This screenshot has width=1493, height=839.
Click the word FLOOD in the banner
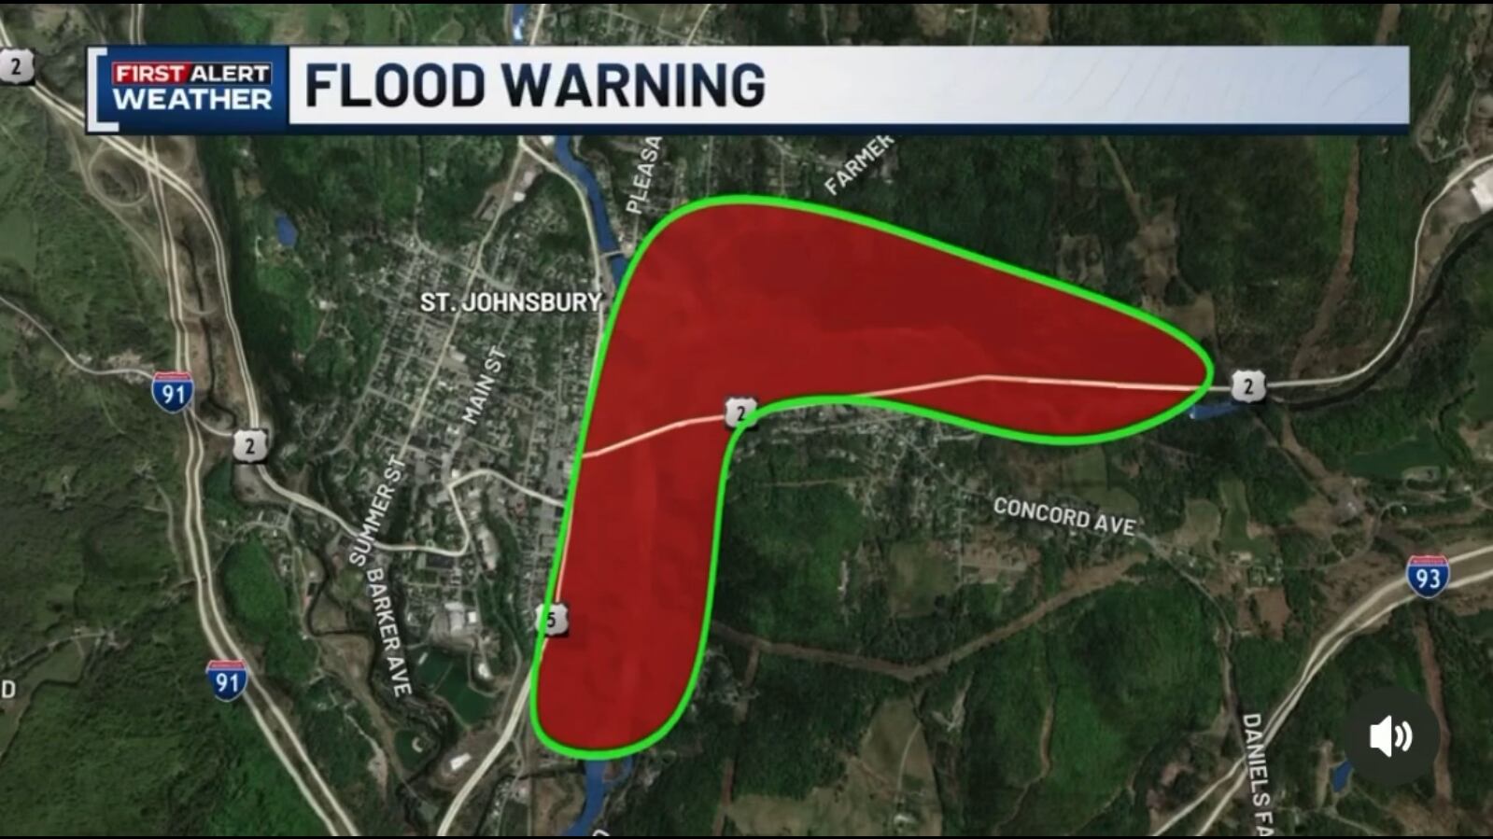394,85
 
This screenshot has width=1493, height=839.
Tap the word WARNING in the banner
635,85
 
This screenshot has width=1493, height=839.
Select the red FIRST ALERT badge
191,73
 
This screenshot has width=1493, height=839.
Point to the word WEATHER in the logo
191,100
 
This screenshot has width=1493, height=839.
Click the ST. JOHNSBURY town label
510,302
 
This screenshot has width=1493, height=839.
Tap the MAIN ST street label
485,385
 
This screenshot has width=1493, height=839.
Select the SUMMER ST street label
378,511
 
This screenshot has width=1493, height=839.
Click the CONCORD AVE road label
1063,516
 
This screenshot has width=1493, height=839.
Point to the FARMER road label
858,164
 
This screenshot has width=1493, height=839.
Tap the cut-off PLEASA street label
644,175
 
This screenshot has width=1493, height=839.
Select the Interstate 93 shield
1428,577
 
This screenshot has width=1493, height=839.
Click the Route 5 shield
554,619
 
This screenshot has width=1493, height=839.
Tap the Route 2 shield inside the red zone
739,412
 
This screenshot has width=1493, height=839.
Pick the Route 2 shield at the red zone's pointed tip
1247,385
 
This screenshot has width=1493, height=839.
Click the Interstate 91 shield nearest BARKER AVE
226,680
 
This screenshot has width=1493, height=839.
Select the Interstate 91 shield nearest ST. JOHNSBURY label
174,392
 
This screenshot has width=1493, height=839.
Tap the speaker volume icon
1390,736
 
